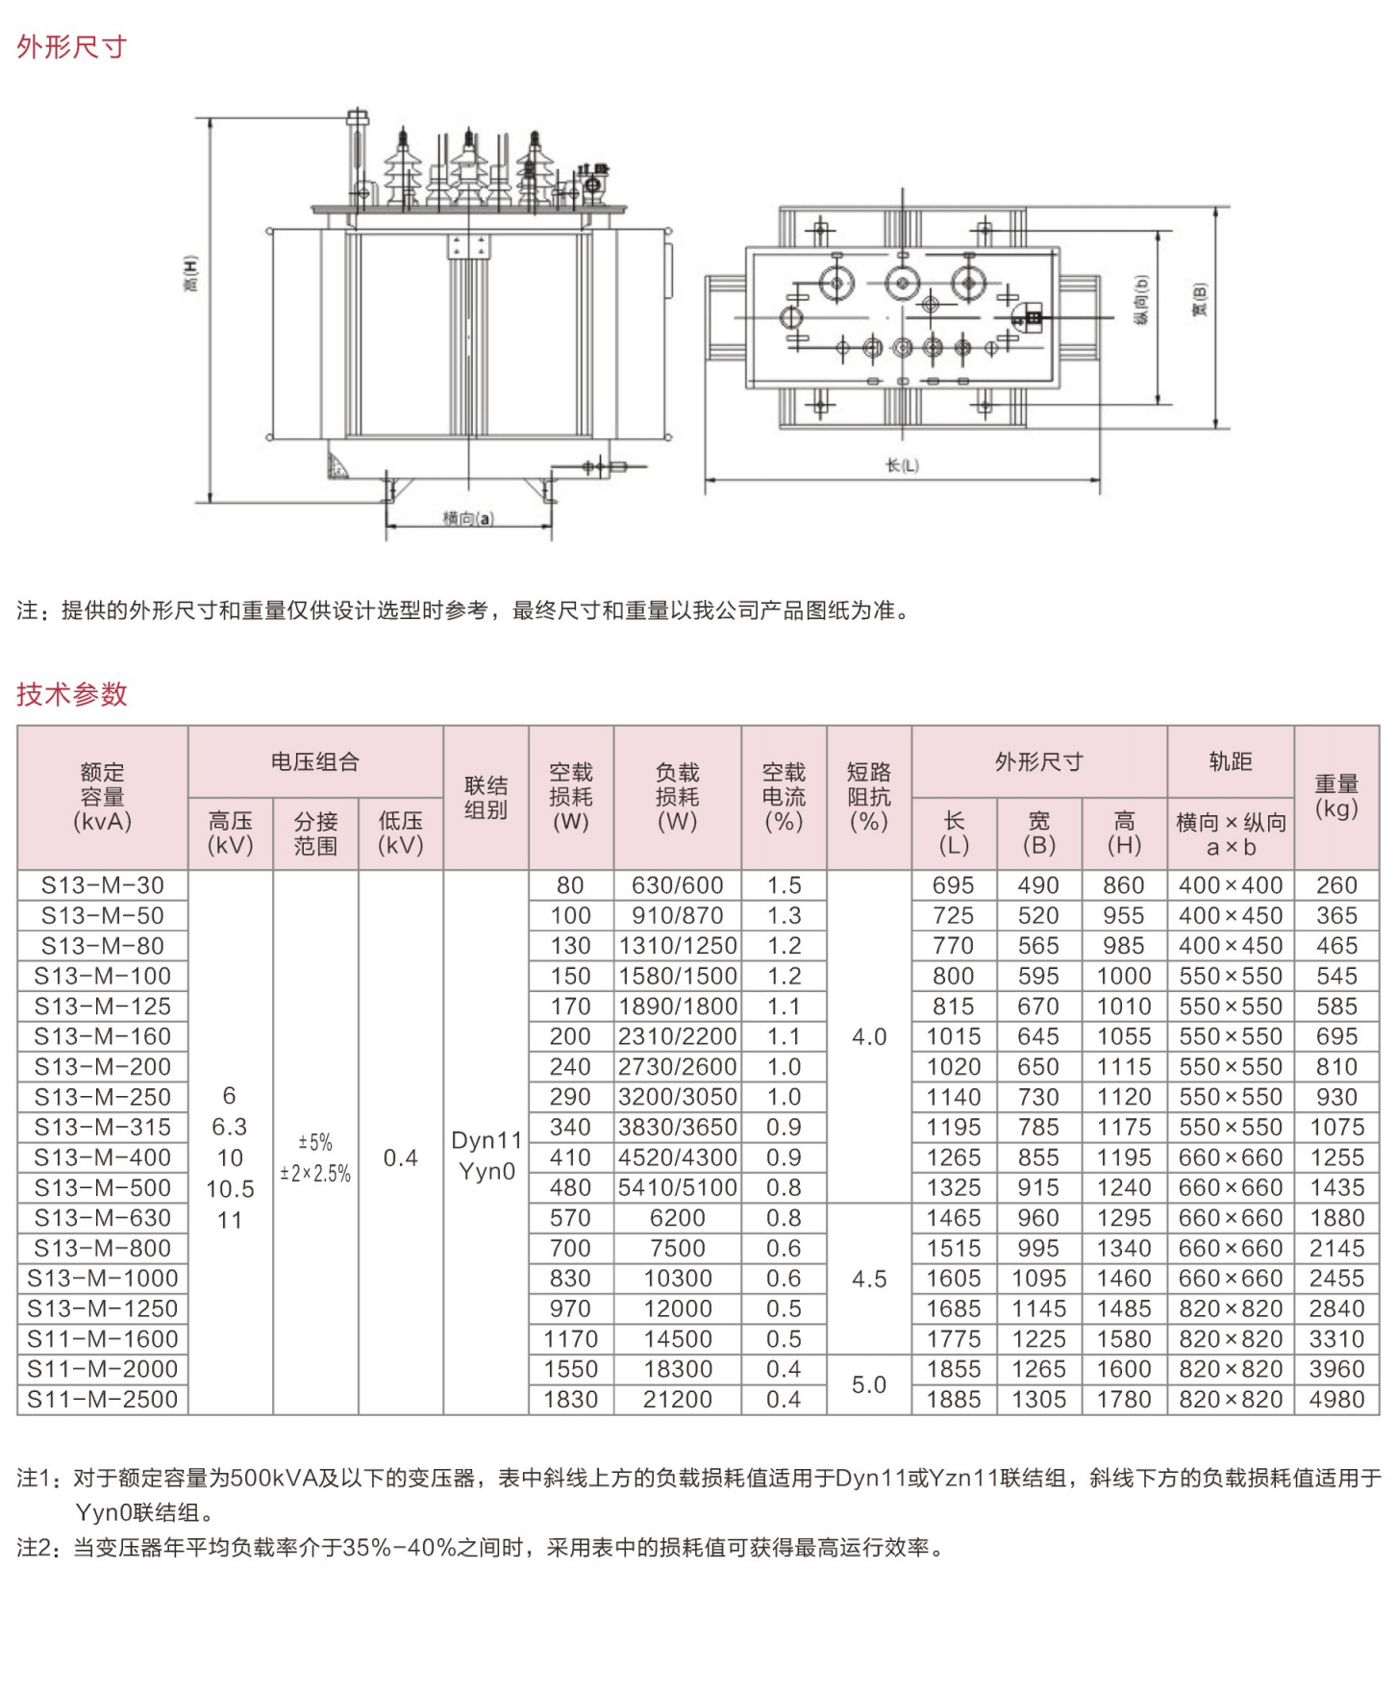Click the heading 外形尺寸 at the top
pyautogui.click(x=71, y=46)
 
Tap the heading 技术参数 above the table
pyautogui.click(x=71, y=693)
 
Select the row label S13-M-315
pyautogui.click(x=102, y=1127)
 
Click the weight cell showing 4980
pyautogui.click(x=1336, y=1399)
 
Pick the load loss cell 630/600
pyautogui.click(x=677, y=884)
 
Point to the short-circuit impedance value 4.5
pyautogui.click(x=868, y=1279)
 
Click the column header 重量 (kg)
pyautogui.click(x=1336, y=796)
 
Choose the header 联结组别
pyautogui.click(x=486, y=797)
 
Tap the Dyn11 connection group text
pyautogui.click(x=486, y=1140)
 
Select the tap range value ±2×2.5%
pyautogui.click(x=315, y=1173)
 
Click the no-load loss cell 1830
pyautogui.click(x=570, y=1399)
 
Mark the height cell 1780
pyautogui.click(x=1124, y=1399)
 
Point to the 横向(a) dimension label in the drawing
pyautogui.click(x=467, y=518)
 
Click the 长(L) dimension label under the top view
pyautogui.click(x=902, y=465)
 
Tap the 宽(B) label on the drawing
pyautogui.click(x=1199, y=300)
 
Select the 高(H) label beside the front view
pyautogui.click(x=190, y=274)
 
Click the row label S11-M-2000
pyautogui.click(x=102, y=1369)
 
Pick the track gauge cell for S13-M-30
pyautogui.click(x=1230, y=884)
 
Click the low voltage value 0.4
pyautogui.click(x=400, y=1158)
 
